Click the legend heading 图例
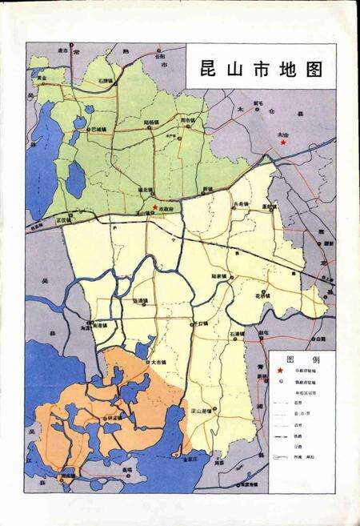[x=302, y=359]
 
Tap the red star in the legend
[x=280, y=371]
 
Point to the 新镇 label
[x=208, y=189]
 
